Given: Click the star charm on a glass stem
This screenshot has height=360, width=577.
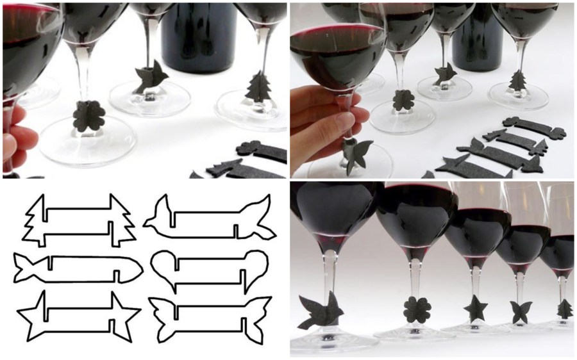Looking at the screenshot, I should [x=475, y=308].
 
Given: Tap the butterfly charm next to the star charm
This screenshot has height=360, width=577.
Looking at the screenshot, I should [x=519, y=312].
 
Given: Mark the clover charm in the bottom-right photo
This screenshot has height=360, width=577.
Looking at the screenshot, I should [x=416, y=309].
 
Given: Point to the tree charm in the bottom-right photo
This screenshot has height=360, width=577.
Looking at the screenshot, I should [x=564, y=309].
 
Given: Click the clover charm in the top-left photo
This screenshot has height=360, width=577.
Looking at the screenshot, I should [x=88, y=115].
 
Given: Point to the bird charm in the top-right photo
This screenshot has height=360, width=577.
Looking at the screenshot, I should [x=444, y=73].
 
